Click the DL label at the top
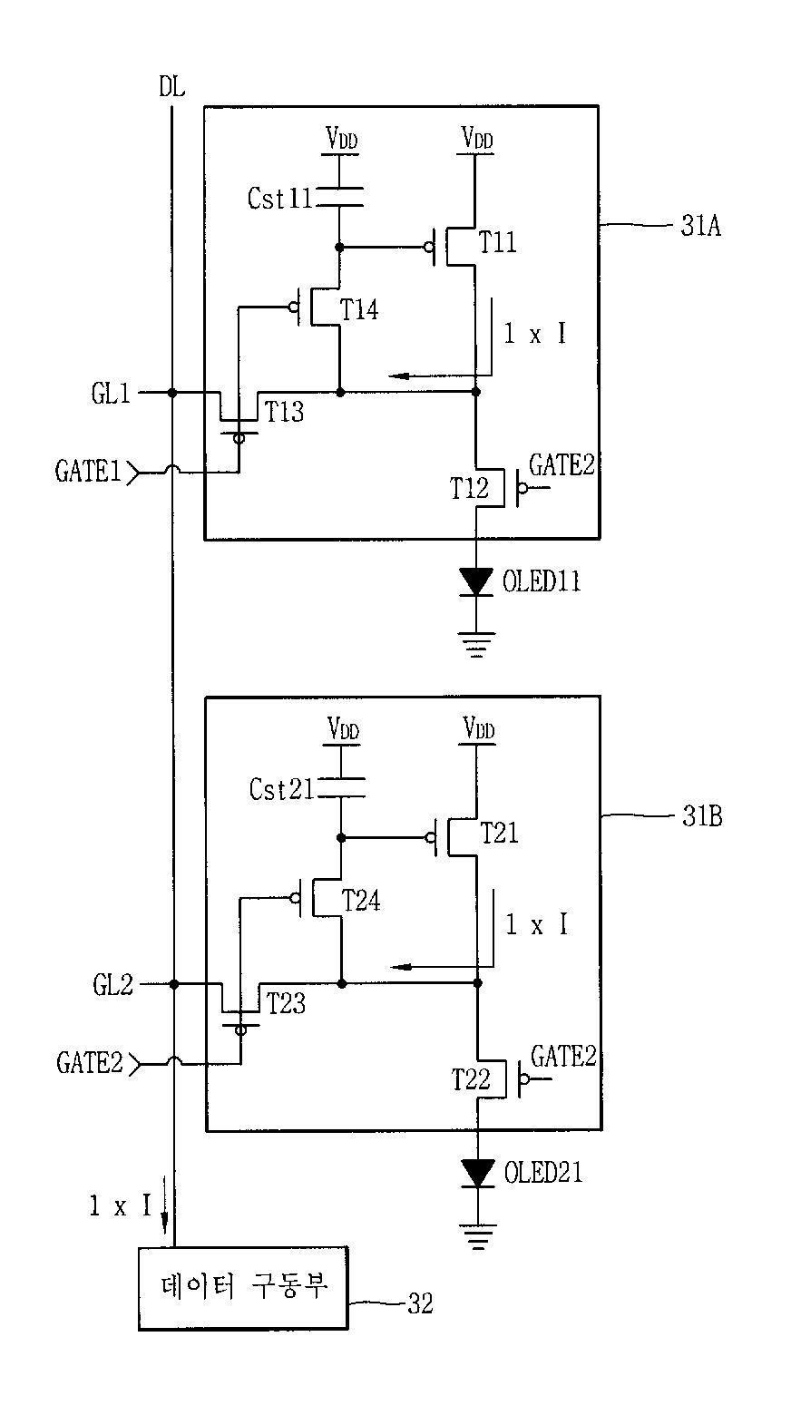point(171,87)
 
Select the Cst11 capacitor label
point(279,199)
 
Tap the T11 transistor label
point(497,242)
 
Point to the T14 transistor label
point(359,310)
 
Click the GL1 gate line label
point(111,394)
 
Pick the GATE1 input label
point(88,471)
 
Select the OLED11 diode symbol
point(475,581)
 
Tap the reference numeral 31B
point(702,816)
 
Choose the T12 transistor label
point(469,488)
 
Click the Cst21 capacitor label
point(281,790)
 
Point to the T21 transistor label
point(499,833)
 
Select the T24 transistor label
point(361,901)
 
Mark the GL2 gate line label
point(112,985)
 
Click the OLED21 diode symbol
point(477,1173)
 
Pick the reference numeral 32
point(420,1304)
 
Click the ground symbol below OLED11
point(476,645)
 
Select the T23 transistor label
point(286,1003)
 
